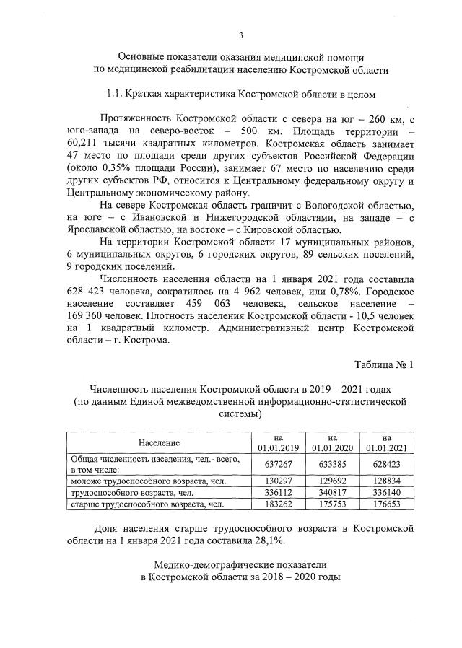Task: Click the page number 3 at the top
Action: pos(241,35)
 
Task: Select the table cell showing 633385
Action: pos(332,463)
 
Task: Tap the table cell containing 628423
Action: pos(387,463)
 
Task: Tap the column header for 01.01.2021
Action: pos(387,442)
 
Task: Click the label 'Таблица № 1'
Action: pos(383,364)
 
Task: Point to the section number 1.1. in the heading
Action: pos(114,94)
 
